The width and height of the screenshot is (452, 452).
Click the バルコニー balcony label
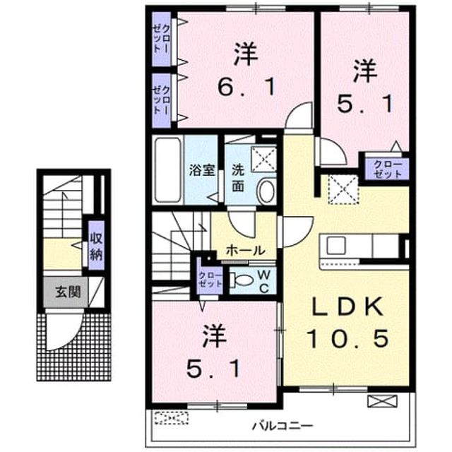282,425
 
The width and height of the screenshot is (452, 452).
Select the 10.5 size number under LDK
348,338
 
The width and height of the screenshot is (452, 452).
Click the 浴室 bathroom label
201,170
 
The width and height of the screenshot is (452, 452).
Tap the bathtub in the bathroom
168,170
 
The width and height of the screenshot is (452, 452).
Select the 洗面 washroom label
238,179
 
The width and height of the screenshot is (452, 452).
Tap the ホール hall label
245,251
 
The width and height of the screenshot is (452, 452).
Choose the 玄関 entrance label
68,292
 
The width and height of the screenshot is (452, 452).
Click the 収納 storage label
96,246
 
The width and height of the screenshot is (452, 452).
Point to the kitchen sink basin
336,246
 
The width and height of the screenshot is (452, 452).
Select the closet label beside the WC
210,279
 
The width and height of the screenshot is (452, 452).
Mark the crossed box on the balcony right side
382,401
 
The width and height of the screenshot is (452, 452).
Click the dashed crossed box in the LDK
343,189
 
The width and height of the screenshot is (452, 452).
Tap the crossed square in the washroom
263,159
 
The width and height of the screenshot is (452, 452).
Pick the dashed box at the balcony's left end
171,417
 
